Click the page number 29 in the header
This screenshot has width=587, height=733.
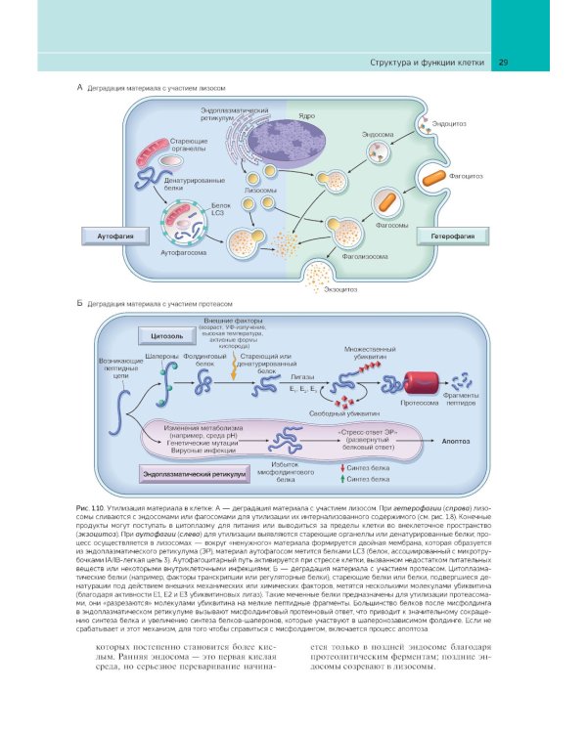coord(503,64)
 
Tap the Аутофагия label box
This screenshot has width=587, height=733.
coord(109,237)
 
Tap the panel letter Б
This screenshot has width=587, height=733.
coord(79,304)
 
